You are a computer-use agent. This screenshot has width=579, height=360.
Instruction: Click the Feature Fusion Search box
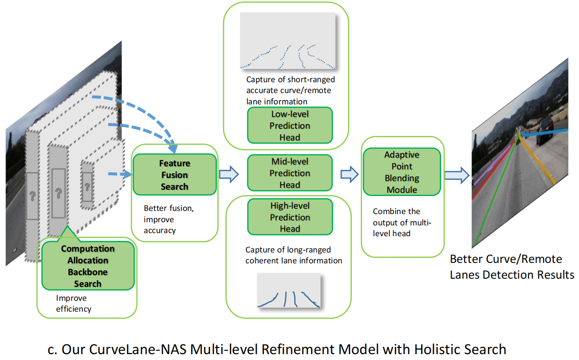point(174,175)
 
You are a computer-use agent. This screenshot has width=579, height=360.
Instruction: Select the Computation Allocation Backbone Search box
point(88,266)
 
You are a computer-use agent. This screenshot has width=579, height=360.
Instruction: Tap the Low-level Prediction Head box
point(290,126)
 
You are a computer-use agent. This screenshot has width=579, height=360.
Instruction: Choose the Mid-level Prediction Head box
point(290,173)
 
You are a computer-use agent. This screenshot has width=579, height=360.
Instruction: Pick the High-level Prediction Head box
point(290,217)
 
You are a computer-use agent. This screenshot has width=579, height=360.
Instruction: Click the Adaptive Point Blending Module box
point(402,172)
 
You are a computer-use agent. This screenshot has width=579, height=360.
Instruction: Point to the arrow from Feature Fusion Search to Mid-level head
point(229,174)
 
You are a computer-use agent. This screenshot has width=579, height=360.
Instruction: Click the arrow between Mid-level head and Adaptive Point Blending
point(349,174)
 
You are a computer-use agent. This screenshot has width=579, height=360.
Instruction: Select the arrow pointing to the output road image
point(457,175)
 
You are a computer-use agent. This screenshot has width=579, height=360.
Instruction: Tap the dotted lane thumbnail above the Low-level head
point(288,41)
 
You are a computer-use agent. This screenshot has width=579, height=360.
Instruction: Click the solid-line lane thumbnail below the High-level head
point(289,291)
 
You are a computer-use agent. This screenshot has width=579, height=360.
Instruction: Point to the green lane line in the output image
point(495,190)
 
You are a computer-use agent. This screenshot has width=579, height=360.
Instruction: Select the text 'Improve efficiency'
point(73,304)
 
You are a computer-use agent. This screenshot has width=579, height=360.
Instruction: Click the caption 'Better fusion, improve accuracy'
point(165,220)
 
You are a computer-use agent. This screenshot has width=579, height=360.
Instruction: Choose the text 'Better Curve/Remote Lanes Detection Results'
point(512,267)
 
